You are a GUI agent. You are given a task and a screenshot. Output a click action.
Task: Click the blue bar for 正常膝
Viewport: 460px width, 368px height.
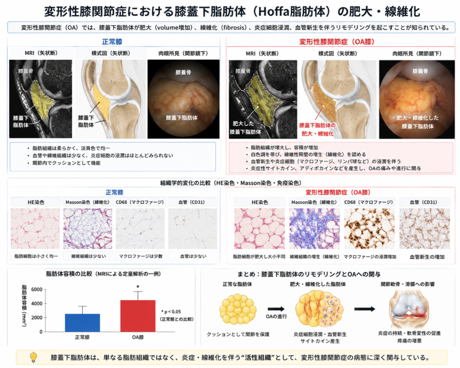pos(83,323)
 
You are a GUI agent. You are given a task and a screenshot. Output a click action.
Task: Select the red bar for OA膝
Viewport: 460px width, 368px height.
pos(138,316)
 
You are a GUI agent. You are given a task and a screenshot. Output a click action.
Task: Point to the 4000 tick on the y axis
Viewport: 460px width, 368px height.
pos(37,303)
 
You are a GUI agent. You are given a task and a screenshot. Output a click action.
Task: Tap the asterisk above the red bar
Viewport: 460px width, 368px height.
pos(138,287)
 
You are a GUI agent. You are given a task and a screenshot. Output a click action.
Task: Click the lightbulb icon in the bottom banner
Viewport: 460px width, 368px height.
pos(34,357)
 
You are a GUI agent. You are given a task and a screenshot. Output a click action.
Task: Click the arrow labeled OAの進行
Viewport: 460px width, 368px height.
pos(276,309)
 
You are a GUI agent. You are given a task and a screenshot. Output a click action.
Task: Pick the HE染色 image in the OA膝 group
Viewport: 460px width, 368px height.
pos(259,229)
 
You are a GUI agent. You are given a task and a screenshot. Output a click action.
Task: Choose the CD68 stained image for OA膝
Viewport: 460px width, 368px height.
pos(369,229)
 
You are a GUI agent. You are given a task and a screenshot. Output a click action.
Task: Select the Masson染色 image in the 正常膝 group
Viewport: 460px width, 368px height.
pos(88,229)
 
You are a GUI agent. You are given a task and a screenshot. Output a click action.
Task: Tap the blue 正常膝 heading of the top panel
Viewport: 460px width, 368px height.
pos(112,42)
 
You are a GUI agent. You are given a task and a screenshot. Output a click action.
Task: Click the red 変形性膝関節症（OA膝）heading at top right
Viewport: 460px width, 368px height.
pos(337,42)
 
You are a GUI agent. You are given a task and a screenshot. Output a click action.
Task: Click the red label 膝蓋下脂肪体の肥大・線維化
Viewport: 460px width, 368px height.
pos(318,129)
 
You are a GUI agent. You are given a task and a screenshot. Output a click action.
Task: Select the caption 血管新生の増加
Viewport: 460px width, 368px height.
pos(427,257)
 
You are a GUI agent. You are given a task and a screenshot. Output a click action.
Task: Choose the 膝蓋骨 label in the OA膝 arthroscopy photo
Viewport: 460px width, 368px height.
pos(420,71)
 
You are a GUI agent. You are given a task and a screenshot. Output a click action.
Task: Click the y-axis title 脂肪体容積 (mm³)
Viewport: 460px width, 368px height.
pos(24,306)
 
